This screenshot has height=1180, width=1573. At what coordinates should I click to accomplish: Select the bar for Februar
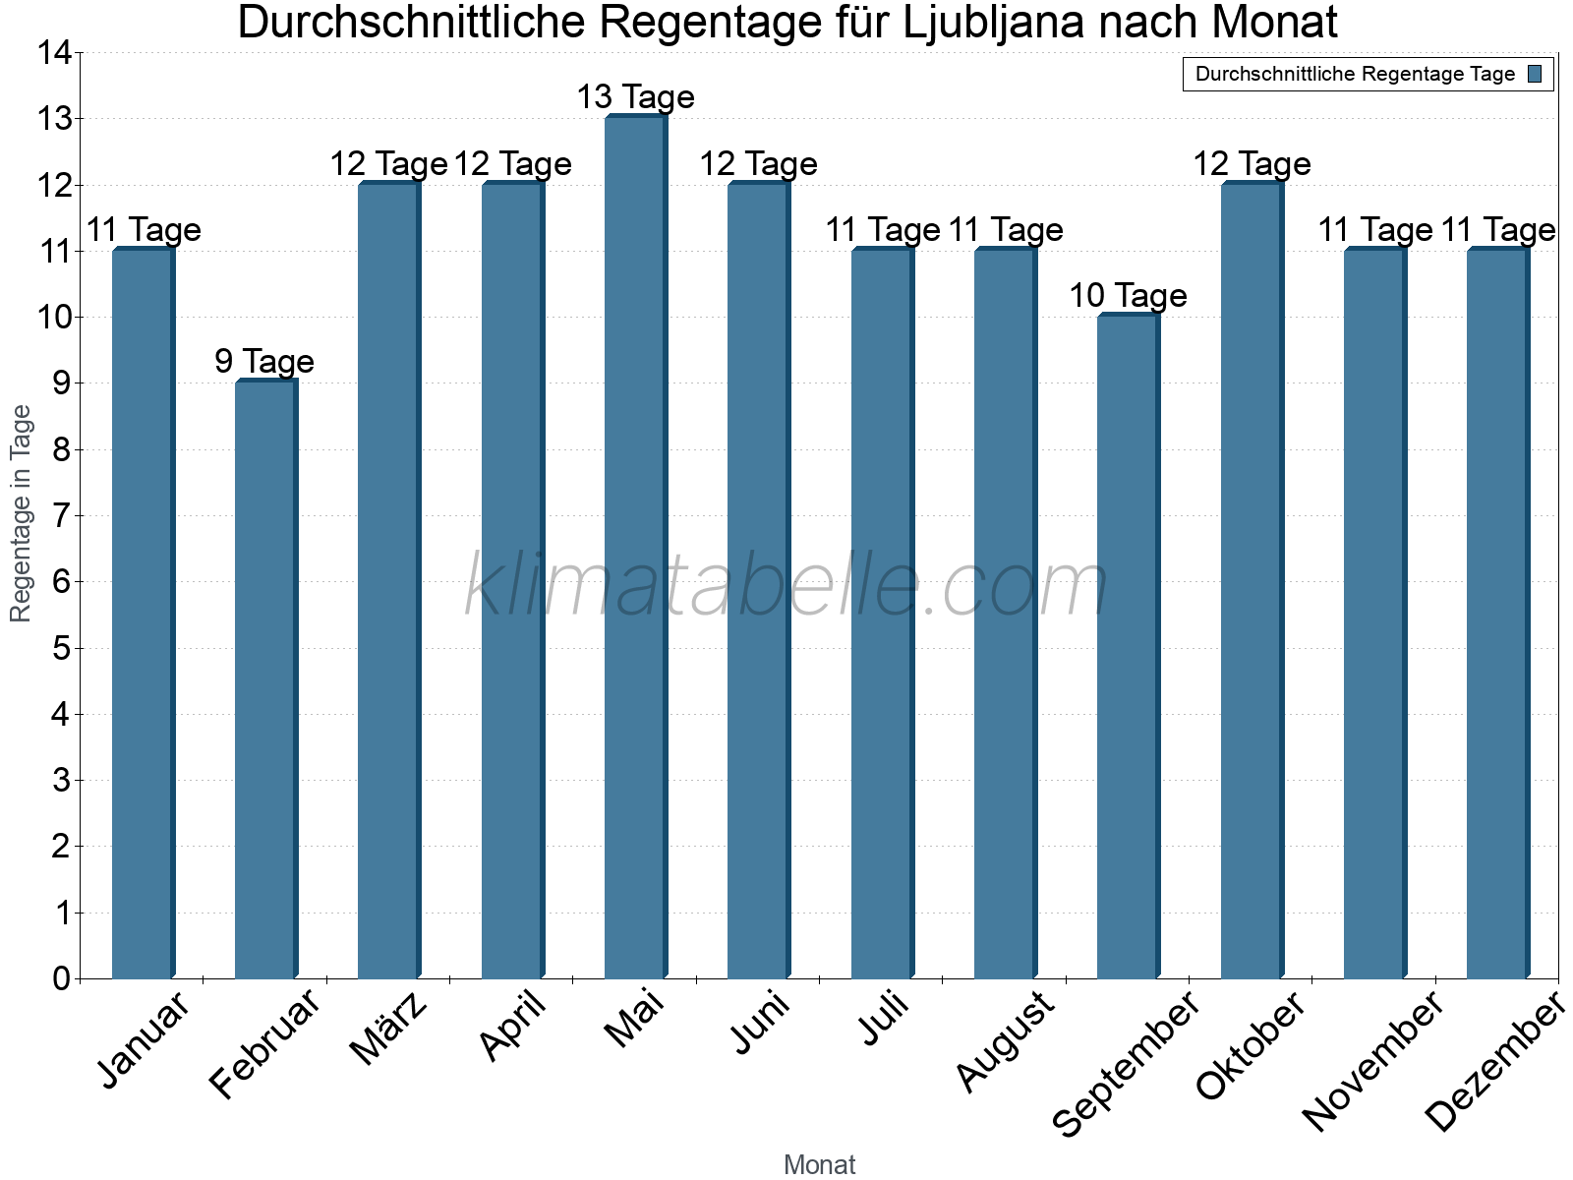pos(265,678)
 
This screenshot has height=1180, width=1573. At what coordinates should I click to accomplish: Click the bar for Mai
pos(635,547)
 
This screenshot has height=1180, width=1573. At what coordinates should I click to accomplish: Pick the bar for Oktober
pos(1251,580)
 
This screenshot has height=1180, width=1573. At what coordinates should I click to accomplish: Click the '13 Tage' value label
pos(635,97)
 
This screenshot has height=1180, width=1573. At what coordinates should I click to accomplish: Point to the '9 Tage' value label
pos(264,362)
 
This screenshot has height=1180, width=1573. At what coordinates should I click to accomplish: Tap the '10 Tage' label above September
pos(1128,296)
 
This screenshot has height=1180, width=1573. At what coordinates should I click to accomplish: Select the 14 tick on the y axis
pos(55,53)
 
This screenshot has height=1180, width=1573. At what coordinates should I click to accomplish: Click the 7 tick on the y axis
pos(61,515)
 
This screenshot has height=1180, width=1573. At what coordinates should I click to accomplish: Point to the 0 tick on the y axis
pos(61,978)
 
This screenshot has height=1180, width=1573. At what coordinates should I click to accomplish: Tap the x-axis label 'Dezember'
pos(1494,1062)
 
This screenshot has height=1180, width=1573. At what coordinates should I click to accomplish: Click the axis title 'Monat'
pos(819,1164)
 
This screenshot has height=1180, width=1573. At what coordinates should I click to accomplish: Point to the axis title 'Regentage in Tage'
pos(21,513)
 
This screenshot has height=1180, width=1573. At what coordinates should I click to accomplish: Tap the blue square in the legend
pos(1535,74)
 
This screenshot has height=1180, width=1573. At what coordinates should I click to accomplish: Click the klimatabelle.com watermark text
pos(786,586)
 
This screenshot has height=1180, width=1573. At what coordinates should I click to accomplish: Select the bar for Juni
pos(758,580)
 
